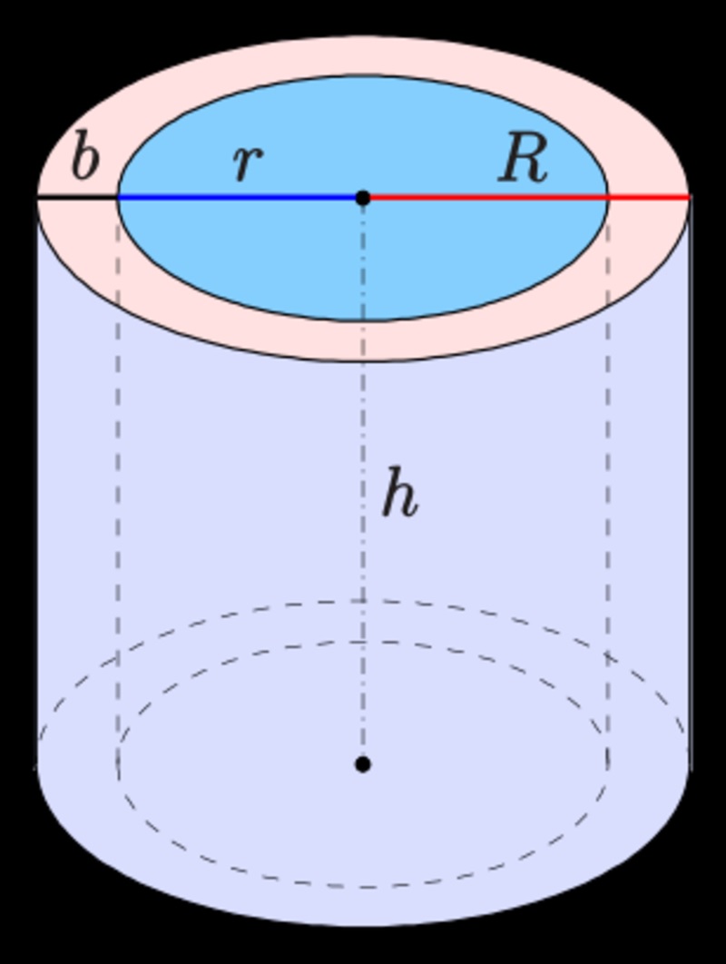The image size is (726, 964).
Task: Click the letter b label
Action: pos(84,161)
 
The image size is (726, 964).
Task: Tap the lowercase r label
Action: pos(247,163)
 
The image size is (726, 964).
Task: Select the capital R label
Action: pos(524,161)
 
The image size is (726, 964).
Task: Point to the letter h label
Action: pos(398,496)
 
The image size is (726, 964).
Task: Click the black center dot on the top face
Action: pos(363,197)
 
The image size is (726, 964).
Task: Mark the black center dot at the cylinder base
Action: pos(363,764)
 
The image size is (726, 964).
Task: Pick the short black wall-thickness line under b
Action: pos(78,197)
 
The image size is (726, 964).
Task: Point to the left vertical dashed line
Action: pos(118,499)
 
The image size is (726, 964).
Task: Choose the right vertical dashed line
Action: pos(608,499)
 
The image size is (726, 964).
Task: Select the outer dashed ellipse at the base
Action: pos(363,601)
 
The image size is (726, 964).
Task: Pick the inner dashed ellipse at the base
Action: pos(363,643)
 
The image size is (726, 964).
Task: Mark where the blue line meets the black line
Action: pos(119,197)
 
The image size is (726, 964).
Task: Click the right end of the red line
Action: pos(690,196)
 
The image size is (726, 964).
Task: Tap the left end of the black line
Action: pos(38,197)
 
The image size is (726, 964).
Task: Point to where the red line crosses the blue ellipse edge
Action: pos(607,196)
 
